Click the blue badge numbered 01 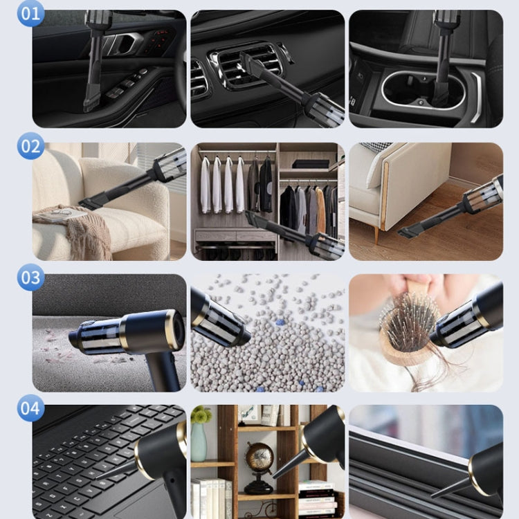[x=30, y=14]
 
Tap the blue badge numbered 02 [x=30, y=146]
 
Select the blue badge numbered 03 [x=30, y=277]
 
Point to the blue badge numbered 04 [x=30, y=408]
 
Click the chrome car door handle [x=122, y=44]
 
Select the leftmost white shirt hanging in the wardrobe [x=206, y=185]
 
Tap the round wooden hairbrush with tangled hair [x=406, y=328]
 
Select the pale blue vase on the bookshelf [x=199, y=442]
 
